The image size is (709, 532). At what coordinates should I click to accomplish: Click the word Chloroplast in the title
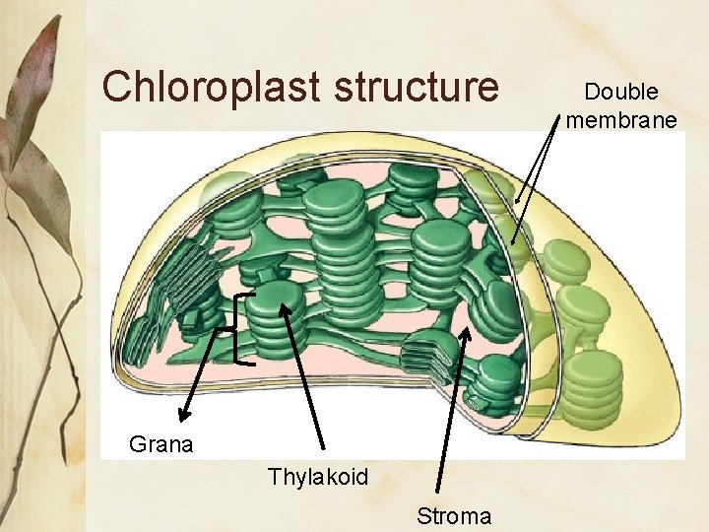pos(212,87)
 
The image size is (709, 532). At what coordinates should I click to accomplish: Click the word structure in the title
pos(418,87)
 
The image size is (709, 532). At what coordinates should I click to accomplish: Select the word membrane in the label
pos(621,120)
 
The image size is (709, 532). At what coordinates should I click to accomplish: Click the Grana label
pos(161,444)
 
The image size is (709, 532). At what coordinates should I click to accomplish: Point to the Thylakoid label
pos(318,478)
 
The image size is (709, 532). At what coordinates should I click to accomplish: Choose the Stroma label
pos(454,516)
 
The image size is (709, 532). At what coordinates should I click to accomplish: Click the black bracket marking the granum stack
pos(242,330)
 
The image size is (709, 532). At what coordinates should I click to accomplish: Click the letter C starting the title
pos(116,87)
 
